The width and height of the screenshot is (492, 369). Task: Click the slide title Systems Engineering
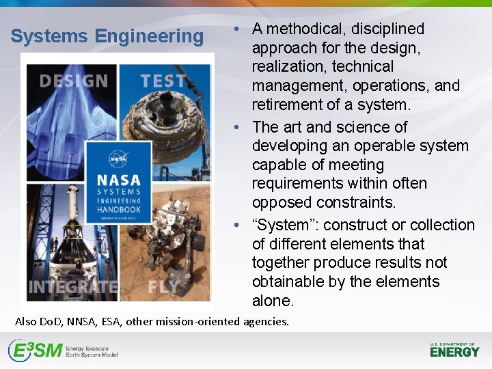(x=107, y=36)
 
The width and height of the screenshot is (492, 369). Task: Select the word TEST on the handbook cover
(x=163, y=81)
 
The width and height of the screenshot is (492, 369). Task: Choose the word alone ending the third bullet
(x=273, y=301)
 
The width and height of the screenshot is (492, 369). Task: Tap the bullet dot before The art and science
(x=236, y=127)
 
